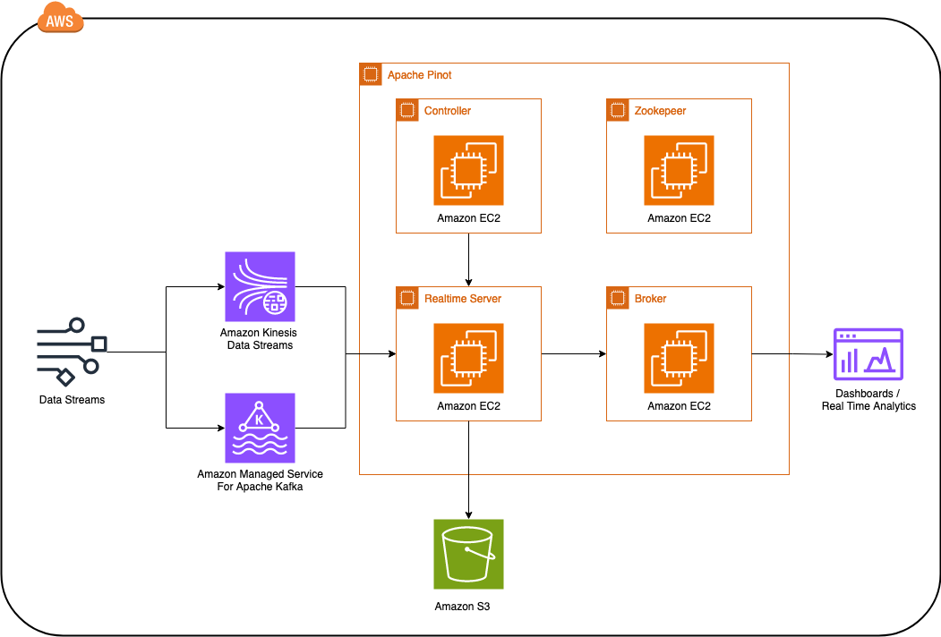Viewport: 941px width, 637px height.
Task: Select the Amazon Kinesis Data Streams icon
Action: [258, 286]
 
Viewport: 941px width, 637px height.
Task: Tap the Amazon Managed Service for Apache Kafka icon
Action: [258, 428]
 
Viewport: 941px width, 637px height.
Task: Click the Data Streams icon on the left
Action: [72, 352]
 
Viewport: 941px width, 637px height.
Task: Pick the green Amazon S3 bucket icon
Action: [468, 554]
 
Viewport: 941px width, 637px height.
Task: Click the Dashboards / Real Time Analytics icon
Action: [868, 353]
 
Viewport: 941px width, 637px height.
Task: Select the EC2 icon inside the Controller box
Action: [468, 170]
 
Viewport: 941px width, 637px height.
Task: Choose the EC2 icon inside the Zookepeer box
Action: [679, 170]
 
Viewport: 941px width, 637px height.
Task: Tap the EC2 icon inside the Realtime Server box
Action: [468, 358]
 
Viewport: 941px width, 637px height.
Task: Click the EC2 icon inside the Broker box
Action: [679, 358]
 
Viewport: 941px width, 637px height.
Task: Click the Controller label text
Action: [447, 111]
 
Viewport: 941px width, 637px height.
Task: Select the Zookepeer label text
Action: [660, 111]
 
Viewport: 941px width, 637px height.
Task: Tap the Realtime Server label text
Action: [463, 299]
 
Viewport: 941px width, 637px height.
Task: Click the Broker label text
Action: [650, 299]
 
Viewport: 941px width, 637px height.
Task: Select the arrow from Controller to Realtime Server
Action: [468, 259]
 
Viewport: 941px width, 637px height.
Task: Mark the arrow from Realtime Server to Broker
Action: [574, 353]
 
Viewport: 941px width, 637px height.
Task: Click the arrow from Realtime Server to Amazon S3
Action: [468, 470]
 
